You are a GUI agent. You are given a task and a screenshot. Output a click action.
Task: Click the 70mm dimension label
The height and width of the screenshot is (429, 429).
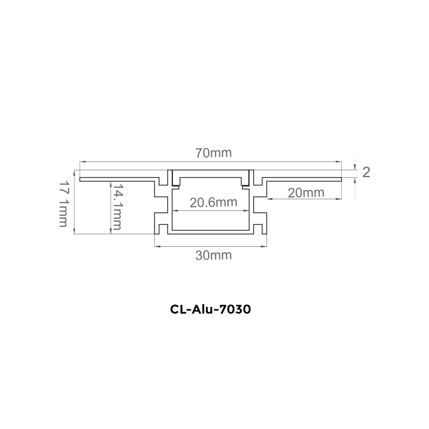coord(213,153)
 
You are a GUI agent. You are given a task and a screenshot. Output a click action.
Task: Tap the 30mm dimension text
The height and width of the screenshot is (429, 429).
coord(213,256)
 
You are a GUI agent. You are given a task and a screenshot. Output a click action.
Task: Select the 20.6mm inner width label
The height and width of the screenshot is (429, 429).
coord(213,202)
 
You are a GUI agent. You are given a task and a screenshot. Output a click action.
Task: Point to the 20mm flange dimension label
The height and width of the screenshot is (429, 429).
coord(306,193)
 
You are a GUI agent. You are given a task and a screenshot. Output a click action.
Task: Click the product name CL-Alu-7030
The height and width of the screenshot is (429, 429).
coord(210,309)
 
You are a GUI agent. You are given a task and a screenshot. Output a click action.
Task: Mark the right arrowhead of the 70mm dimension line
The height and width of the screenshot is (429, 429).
coord(339,162)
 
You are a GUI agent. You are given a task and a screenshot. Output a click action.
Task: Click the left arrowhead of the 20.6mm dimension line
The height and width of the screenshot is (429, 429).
coord(175,211)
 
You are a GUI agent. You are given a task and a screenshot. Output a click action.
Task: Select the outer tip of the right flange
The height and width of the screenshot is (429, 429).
coord(341,179)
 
